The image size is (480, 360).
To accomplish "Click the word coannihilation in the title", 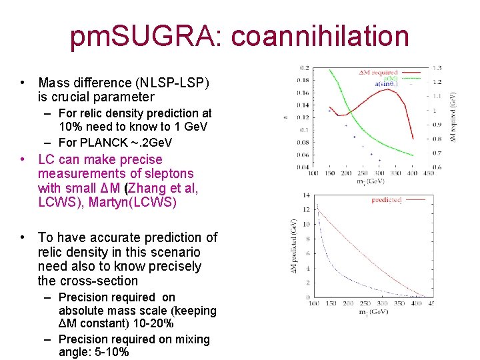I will point(321,37).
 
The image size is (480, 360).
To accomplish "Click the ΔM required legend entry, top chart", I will point(377,72).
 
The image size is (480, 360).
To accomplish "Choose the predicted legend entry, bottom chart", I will point(386,199).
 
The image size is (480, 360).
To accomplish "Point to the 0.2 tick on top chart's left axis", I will point(304,68).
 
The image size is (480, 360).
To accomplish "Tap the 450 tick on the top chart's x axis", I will point(429,173).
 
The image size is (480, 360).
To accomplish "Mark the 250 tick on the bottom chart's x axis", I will point(363,303).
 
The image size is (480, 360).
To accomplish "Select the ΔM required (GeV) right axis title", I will point(453,116).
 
